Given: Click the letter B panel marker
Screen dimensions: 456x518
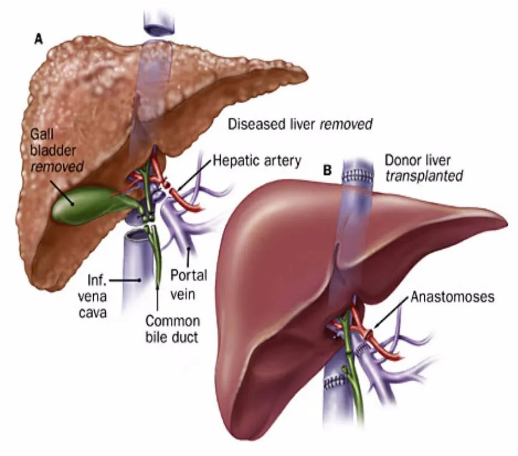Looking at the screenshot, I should (x=327, y=170).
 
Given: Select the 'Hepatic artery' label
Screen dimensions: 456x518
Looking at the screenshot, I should (x=257, y=161).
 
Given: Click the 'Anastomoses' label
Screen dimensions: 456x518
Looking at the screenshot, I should (x=453, y=297).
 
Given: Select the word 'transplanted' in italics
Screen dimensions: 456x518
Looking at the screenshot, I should (x=423, y=176).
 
